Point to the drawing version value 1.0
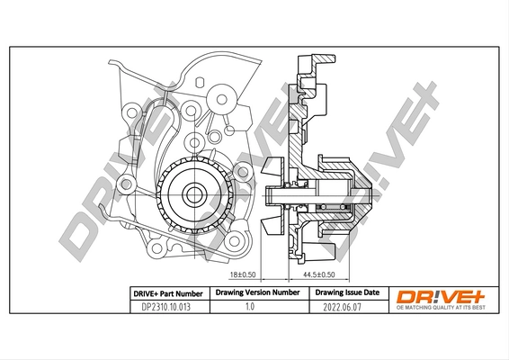point(254,307)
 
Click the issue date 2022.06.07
point(346,307)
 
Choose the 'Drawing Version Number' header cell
point(254,292)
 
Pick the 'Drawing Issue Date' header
point(346,292)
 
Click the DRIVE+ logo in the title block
point(441,295)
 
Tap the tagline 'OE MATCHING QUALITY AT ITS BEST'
point(441,309)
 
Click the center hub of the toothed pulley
point(192,193)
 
